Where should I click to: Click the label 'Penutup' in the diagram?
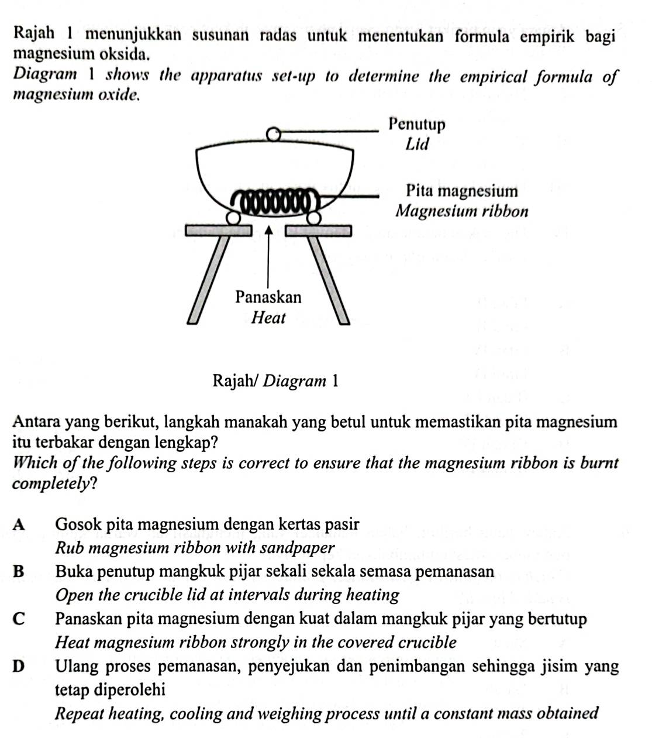[417, 125]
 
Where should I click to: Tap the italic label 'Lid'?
[417, 144]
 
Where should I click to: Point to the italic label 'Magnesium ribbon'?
[462, 211]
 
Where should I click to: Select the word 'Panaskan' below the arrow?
[268, 297]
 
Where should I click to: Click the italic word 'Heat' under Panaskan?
[268, 318]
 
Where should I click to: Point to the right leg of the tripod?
[329, 278]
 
